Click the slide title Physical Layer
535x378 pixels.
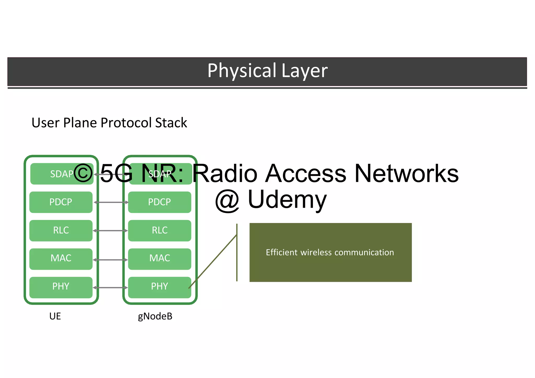point(267,71)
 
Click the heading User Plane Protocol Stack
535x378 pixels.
point(109,123)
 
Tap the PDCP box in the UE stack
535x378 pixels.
point(61,202)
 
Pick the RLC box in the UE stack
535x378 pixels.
point(61,230)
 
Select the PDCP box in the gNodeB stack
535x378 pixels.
point(160,202)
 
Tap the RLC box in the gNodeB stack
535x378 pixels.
point(160,230)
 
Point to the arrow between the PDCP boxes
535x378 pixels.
point(111,202)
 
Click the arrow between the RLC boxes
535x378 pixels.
point(110,231)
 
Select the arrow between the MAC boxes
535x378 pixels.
point(110,260)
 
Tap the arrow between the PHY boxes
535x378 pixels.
point(110,288)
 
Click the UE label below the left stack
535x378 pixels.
point(55,316)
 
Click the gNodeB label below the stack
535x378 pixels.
point(155,316)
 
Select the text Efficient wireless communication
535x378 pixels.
point(330,253)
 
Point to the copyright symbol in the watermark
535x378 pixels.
point(83,173)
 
